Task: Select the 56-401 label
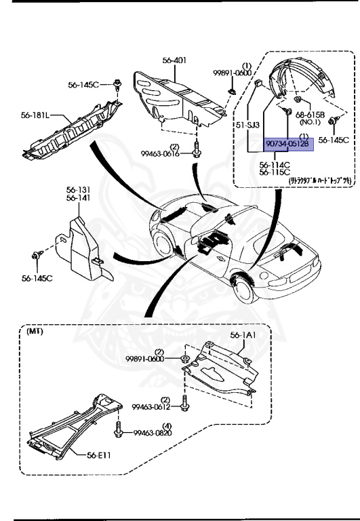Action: [x=174, y=60]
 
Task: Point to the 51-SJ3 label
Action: [x=247, y=125]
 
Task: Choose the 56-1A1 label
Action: [x=244, y=335]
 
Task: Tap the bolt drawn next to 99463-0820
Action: [x=120, y=429]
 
